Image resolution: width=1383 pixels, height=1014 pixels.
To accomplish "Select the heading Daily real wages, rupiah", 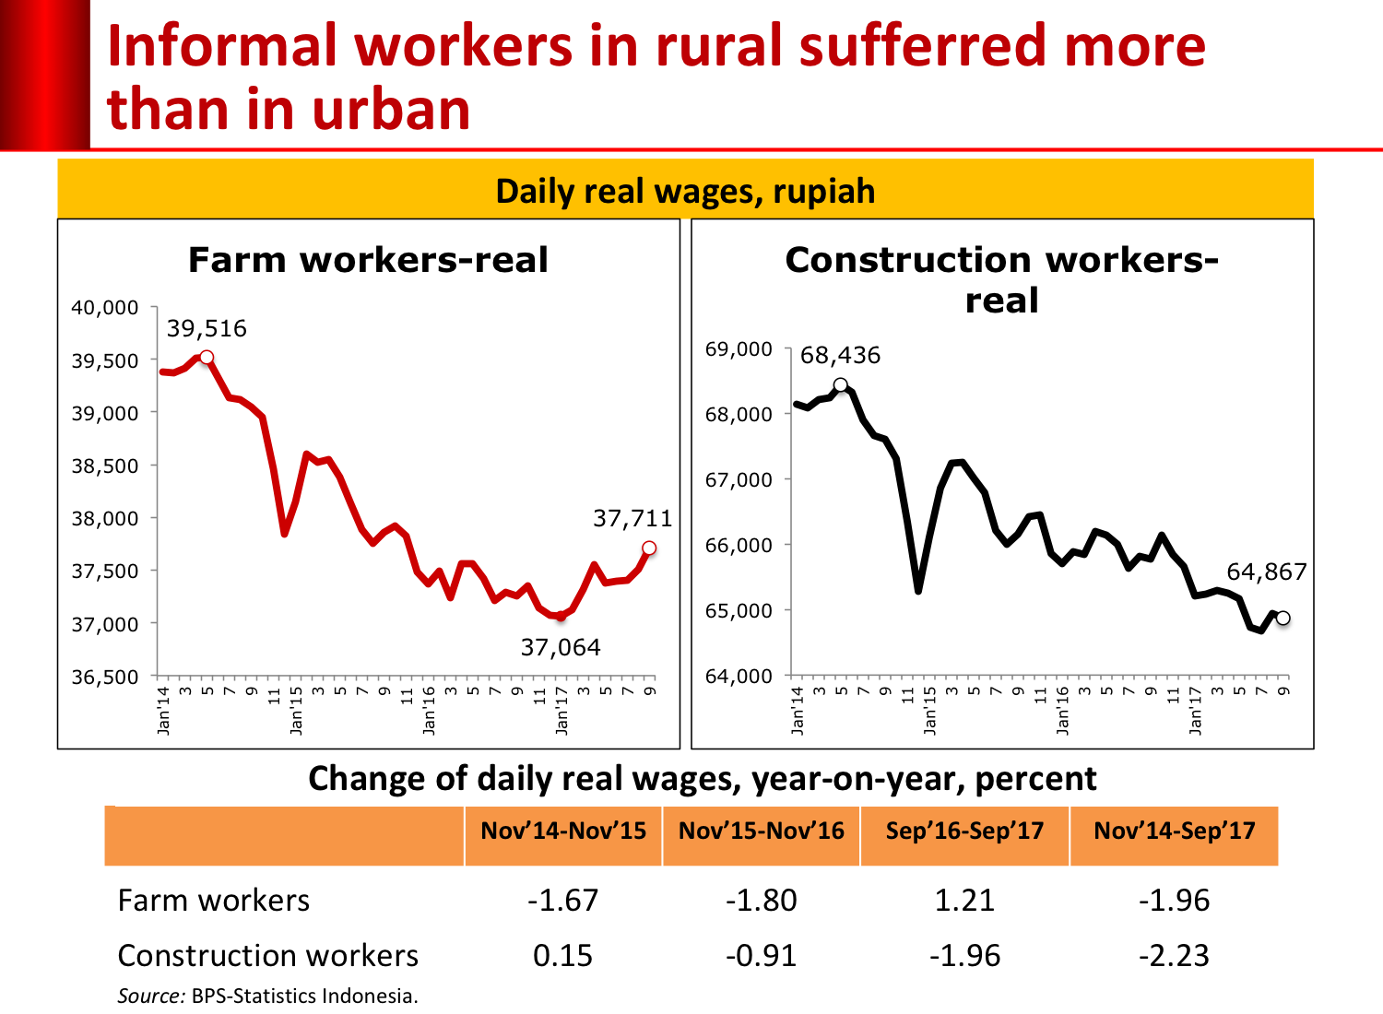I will click(685, 191).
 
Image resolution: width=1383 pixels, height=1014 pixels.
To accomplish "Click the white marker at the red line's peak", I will click(207, 357).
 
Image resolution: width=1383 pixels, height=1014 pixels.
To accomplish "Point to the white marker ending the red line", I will click(649, 548).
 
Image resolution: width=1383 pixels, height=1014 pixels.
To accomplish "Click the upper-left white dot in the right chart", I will click(840, 384).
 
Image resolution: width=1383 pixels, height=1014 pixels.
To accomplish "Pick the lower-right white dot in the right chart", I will click(1283, 618).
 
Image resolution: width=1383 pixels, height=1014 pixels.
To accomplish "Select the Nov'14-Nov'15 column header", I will click(563, 831).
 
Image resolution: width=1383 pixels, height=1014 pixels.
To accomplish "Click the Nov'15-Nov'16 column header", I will click(762, 831).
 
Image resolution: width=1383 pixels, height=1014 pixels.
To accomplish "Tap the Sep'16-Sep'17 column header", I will click(964, 831).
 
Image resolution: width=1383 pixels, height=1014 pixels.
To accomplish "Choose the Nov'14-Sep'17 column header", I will click(1175, 831).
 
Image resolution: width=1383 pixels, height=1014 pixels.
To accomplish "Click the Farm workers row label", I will click(214, 900).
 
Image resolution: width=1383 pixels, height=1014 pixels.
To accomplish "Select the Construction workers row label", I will click(267, 955).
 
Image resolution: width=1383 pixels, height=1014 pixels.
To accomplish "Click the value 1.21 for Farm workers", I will click(964, 900).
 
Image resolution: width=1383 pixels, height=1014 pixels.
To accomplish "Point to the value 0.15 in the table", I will click(562, 955).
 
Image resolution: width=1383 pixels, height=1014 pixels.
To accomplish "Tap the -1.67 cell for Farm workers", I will click(562, 900).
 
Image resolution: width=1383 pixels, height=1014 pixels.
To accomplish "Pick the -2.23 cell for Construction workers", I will click(1174, 955).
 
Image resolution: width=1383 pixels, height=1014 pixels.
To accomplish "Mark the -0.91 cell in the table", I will click(761, 955).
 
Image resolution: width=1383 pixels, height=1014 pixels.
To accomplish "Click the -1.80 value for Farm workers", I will click(761, 900).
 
